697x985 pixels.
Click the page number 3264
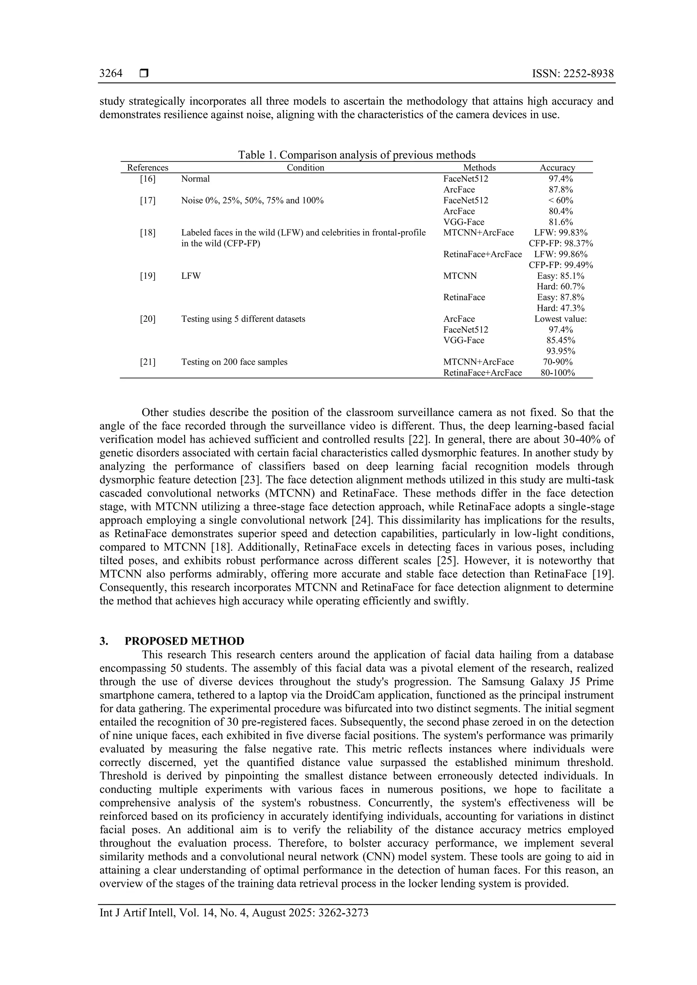(x=111, y=74)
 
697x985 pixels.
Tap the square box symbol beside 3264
(x=144, y=74)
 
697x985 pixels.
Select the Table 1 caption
(x=357, y=155)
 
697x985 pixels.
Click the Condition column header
(x=305, y=168)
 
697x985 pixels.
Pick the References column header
(x=148, y=168)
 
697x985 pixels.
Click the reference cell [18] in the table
(x=148, y=233)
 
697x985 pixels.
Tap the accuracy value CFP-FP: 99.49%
(x=561, y=265)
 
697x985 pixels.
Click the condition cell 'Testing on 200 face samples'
(x=234, y=362)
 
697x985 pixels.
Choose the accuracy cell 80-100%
(x=557, y=373)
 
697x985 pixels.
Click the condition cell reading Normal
(x=195, y=179)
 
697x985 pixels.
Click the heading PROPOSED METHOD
(x=184, y=641)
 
